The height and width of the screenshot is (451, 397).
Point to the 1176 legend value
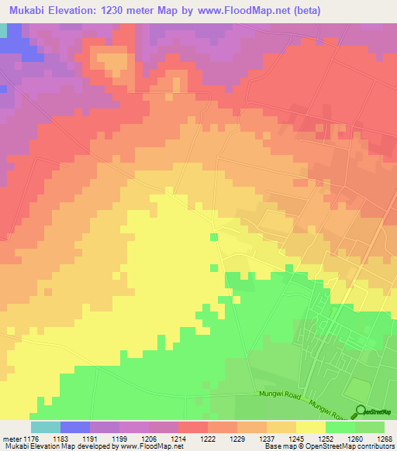(x=32, y=438)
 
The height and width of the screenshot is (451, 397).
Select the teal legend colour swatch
(x=45, y=427)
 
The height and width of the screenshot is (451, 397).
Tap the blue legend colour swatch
(x=74, y=427)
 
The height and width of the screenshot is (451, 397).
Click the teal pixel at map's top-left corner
(x=2, y=29)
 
